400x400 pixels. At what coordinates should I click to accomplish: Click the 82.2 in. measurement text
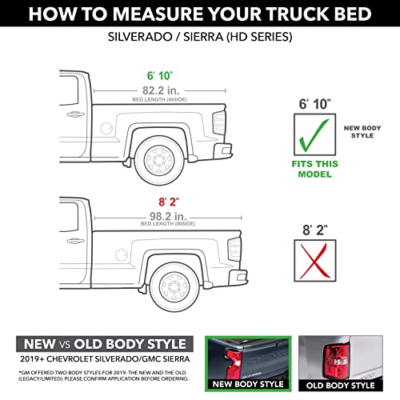click(x=161, y=88)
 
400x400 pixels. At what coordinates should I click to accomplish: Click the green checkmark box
click(x=314, y=134)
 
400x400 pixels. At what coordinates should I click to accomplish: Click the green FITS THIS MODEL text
click(x=314, y=167)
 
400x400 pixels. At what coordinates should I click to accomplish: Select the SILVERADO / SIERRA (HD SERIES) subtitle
click(x=200, y=38)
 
